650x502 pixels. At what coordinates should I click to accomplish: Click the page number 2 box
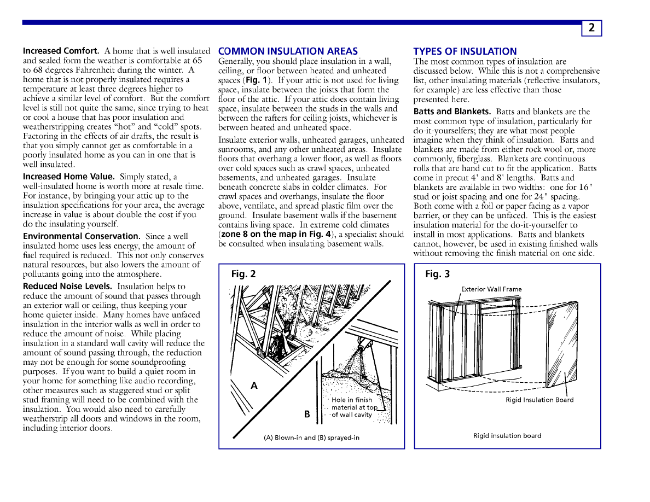(x=591, y=28)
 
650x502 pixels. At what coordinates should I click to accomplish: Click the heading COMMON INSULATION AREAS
(x=288, y=51)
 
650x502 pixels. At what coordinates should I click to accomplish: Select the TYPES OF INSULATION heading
(x=465, y=51)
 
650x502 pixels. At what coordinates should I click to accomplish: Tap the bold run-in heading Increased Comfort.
(x=61, y=51)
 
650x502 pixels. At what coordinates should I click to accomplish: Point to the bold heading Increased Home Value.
(x=68, y=177)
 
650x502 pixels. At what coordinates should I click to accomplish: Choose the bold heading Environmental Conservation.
(x=82, y=236)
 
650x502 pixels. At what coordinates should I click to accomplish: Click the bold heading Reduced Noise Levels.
(x=67, y=286)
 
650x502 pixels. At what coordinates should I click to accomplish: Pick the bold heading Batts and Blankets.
(x=452, y=112)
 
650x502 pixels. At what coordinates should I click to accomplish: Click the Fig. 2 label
(x=243, y=274)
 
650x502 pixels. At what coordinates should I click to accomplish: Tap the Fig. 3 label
(x=437, y=274)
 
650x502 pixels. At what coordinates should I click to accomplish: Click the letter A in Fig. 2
(x=254, y=386)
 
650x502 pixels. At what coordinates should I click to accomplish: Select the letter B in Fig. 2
(x=307, y=415)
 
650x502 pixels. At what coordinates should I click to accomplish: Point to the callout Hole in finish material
(x=353, y=407)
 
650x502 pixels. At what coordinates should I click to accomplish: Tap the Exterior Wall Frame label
(x=491, y=289)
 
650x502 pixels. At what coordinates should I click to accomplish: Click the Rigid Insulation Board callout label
(x=539, y=400)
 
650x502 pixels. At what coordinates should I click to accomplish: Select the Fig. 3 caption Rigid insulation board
(x=507, y=436)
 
